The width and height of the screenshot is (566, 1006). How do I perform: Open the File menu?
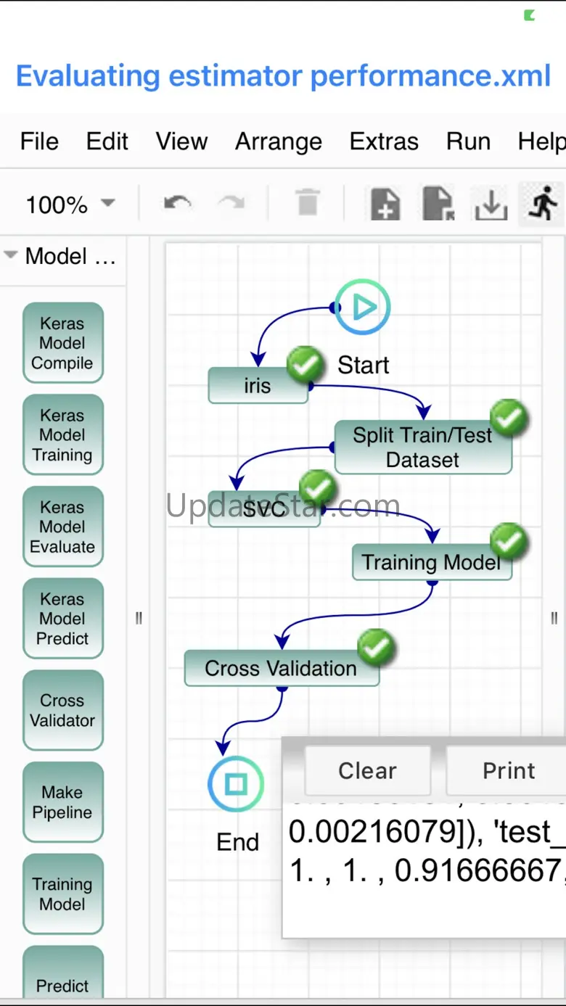(39, 141)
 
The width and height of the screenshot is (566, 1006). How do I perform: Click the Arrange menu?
(278, 141)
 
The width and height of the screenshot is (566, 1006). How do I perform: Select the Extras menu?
(384, 141)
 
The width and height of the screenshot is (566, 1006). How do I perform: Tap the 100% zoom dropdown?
(70, 205)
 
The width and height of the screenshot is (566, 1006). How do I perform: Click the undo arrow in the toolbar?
(177, 204)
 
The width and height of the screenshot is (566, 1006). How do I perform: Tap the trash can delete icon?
(308, 204)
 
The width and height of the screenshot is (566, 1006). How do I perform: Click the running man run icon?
(543, 203)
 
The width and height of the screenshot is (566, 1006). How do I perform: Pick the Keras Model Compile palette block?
(62, 343)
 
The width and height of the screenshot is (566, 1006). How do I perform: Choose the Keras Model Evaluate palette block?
(62, 527)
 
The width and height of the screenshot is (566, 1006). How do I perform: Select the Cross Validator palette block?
(62, 710)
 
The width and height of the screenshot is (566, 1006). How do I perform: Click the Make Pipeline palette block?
(62, 802)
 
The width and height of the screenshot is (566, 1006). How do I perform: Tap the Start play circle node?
(362, 308)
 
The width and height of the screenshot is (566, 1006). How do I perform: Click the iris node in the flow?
(258, 386)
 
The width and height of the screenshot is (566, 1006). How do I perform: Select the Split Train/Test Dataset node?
(422, 447)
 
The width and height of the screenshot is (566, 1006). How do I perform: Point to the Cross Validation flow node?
(281, 668)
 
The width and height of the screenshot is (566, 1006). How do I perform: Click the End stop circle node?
(236, 784)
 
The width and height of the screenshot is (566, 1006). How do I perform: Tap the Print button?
(508, 770)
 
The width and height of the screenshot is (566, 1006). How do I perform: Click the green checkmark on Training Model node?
(509, 542)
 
